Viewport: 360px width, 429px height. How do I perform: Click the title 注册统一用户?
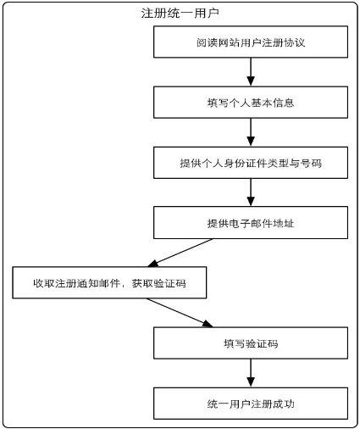pos(180,14)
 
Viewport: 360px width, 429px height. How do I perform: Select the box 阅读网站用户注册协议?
pos(251,42)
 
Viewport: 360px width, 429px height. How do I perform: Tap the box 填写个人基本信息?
pos(251,103)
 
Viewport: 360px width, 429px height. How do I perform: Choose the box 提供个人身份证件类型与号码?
pos(251,163)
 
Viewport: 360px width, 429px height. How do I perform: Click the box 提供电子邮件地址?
pos(251,223)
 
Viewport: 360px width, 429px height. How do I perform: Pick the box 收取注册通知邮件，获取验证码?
pos(109,282)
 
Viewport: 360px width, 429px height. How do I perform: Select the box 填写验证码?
pos(251,343)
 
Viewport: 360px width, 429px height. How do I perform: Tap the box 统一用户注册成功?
pos(251,404)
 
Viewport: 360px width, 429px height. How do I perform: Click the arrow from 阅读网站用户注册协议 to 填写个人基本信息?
pos(251,72)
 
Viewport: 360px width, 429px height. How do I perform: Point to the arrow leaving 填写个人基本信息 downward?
pos(251,132)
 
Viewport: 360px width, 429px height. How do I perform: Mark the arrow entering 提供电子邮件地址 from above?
pos(251,192)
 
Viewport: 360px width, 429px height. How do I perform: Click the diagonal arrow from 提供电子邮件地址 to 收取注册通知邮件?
pos(180,253)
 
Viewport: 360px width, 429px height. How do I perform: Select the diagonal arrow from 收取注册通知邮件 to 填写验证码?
pos(180,313)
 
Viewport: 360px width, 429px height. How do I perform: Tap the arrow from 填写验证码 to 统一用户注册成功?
pos(251,373)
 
